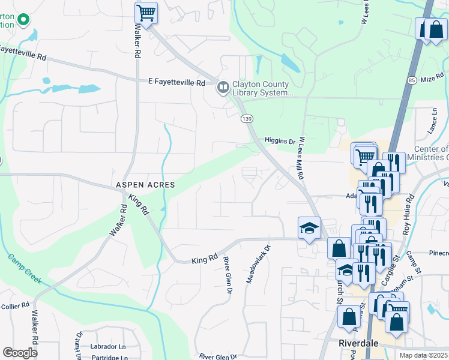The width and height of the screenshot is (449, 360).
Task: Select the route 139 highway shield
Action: tap(246, 119)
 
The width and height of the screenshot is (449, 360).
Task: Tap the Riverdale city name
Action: tap(357, 343)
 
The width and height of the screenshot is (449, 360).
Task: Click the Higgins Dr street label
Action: tap(280, 142)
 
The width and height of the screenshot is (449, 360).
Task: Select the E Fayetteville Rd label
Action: tap(177, 82)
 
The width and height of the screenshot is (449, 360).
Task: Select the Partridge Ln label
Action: tap(109, 358)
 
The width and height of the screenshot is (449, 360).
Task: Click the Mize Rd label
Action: tap(432, 79)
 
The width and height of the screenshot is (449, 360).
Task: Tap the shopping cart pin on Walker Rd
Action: tap(146, 12)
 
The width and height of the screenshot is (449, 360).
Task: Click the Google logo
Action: tap(20, 353)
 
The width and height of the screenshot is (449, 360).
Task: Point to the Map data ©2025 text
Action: tap(424, 355)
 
